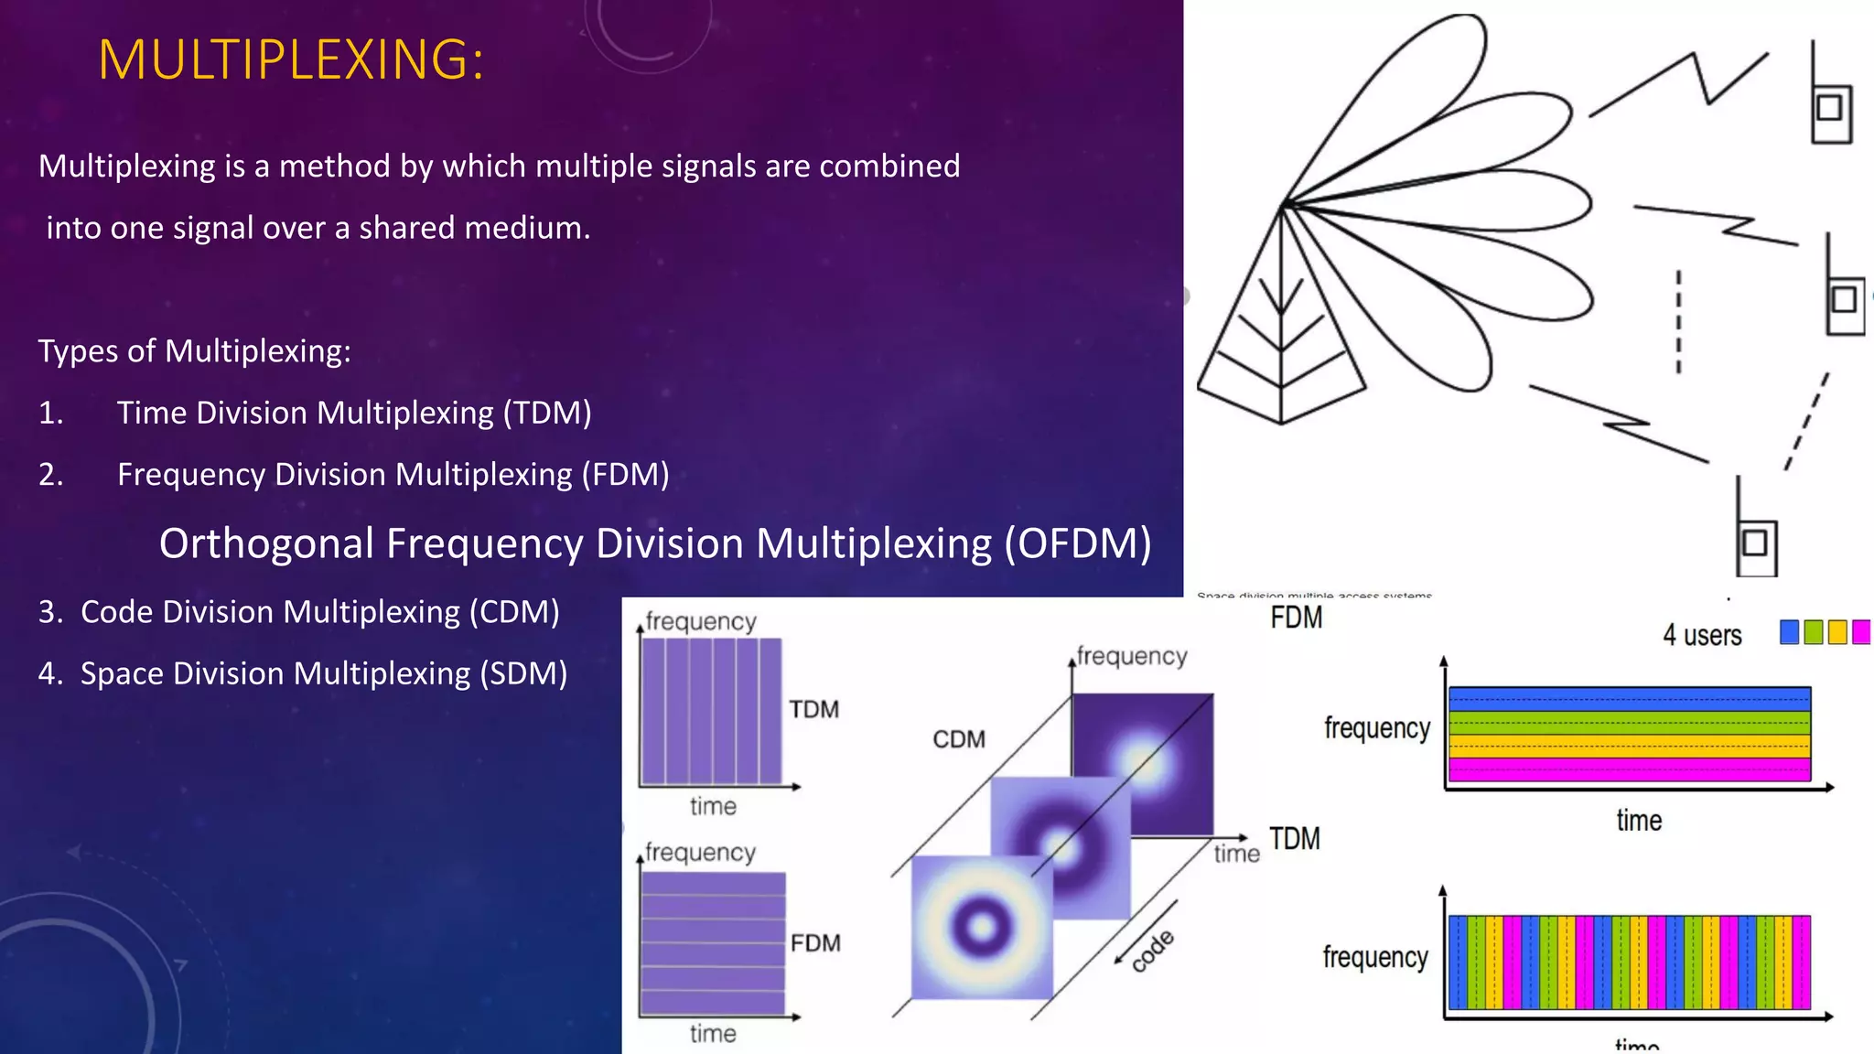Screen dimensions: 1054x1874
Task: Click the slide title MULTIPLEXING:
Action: pos(290,60)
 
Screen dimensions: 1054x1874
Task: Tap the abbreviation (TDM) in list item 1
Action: pos(547,413)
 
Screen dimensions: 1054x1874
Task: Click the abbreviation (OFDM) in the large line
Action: pos(1077,543)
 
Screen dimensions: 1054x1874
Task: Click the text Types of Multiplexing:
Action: pos(194,351)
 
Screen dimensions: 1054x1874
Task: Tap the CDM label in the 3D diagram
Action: pos(958,739)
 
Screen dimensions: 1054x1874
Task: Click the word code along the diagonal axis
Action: pos(1152,952)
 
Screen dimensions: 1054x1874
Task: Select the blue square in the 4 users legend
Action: pos(1789,632)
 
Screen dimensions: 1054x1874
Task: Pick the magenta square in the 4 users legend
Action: pos(1860,632)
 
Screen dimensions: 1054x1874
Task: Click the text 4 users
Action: pos(1701,635)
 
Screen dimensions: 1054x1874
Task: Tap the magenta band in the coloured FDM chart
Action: pos(1629,769)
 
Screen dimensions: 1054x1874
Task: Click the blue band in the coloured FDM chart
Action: pos(1629,699)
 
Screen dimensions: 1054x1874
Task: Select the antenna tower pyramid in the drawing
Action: pos(1280,339)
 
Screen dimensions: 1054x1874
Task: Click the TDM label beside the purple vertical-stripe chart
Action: pos(813,710)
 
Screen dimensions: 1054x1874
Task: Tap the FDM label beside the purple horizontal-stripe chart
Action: pos(814,943)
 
